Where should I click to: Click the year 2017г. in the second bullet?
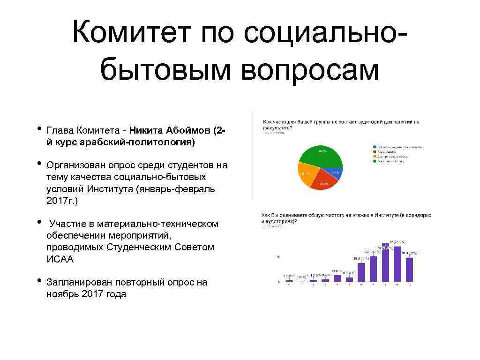[x=62, y=201]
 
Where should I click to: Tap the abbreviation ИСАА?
[x=60, y=259]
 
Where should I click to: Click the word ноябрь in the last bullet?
[x=63, y=294]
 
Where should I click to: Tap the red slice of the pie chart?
[x=324, y=182]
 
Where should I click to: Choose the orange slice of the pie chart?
[x=306, y=174]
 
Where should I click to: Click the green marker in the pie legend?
[x=374, y=161]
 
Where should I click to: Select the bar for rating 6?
[x=361, y=272]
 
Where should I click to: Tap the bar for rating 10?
[x=409, y=270]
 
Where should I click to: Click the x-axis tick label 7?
[x=373, y=285]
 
